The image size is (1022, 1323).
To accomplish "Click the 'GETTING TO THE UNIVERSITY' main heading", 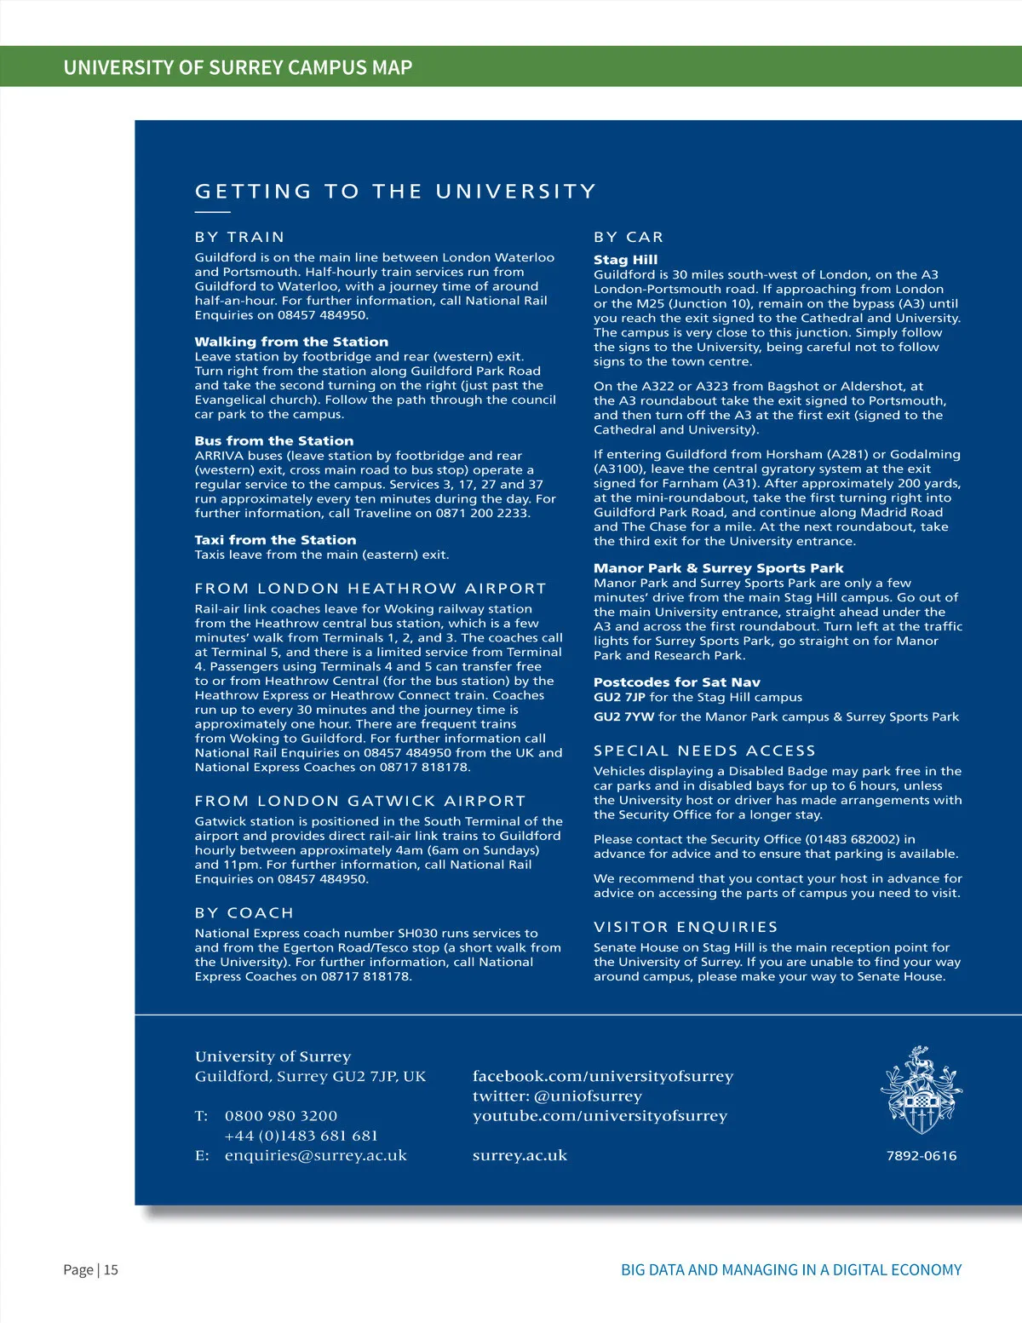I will pyautogui.click(x=395, y=192).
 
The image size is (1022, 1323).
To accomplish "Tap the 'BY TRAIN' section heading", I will pyautogui.click(x=239, y=237).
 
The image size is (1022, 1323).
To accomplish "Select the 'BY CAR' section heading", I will pyautogui.click(x=629, y=237).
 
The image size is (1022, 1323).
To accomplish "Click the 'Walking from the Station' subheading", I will pyautogui.click(x=291, y=342).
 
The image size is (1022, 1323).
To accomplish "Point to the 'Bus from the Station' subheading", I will pyautogui.click(x=273, y=440).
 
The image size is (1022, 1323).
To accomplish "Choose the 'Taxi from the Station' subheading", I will pyautogui.click(x=275, y=540).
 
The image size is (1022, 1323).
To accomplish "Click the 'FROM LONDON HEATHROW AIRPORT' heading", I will pyautogui.click(x=370, y=589).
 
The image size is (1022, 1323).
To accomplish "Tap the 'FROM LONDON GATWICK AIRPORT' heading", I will pyautogui.click(x=360, y=801).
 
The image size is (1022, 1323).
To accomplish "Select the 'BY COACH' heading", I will pyautogui.click(x=244, y=912).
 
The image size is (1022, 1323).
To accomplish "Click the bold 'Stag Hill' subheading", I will pyautogui.click(x=625, y=259).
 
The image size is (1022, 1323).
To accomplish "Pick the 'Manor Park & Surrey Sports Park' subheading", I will pyautogui.click(x=718, y=567).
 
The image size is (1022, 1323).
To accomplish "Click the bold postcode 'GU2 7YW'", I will pyautogui.click(x=623, y=716).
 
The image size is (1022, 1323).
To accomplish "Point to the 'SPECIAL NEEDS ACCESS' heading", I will pyautogui.click(x=704, y=751).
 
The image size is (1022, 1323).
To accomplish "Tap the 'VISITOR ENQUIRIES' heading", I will pyautogui.click(x=686, y=927).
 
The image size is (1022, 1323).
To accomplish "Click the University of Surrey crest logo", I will pyautogui.click(x=921, y=1090).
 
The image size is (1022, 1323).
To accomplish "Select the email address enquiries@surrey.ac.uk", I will pyautogui.click(x=315, y=1155).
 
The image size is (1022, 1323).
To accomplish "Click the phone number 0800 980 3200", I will pyautogui.click(x=281, y=1115).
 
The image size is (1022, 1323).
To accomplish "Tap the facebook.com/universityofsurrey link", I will pyautogui.click(x=602, y=1076).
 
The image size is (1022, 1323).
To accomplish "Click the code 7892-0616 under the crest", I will pyautogui.click(x=922, y=1156).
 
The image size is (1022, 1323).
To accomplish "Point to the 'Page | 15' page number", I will pyautogui.click(x=90, y=1269).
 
